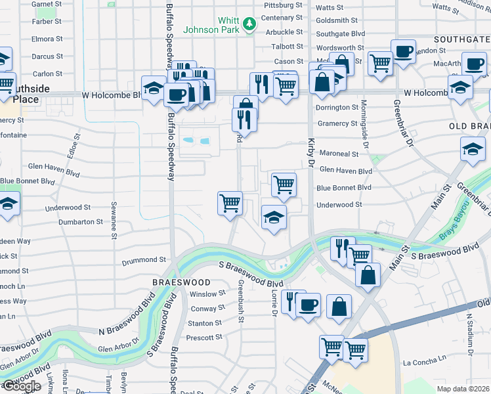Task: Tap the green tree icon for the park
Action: click(x=249, y=25)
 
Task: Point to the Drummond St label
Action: click(x=144, y=261)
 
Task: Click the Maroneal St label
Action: click(x=339, y=154)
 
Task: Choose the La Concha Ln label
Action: click(x=425, y=362)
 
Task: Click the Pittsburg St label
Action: click(x=282, y=5)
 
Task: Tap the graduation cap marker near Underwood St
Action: click(x=274, y=218)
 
